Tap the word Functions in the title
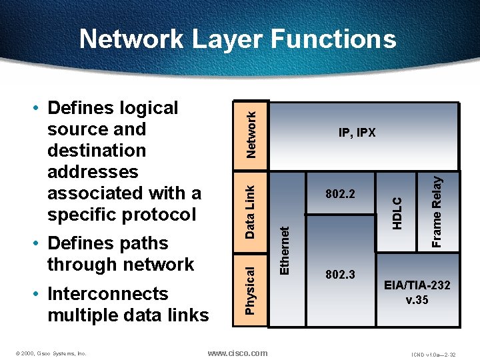click(x=333, y=39)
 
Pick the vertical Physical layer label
click(x=250, y=290)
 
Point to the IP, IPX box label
click(x=357, y=133)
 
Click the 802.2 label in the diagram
click(x=340, y=195)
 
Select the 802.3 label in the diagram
click(x=340, y=275)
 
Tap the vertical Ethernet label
click(x=285, y=250)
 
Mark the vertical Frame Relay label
click(x=437, y=211)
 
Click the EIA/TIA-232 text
click(x=417, y=285)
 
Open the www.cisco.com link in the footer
click(x=237, y=353)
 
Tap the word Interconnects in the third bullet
click(x=107, y=294)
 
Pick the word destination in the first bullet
click(x=97, y=151)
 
